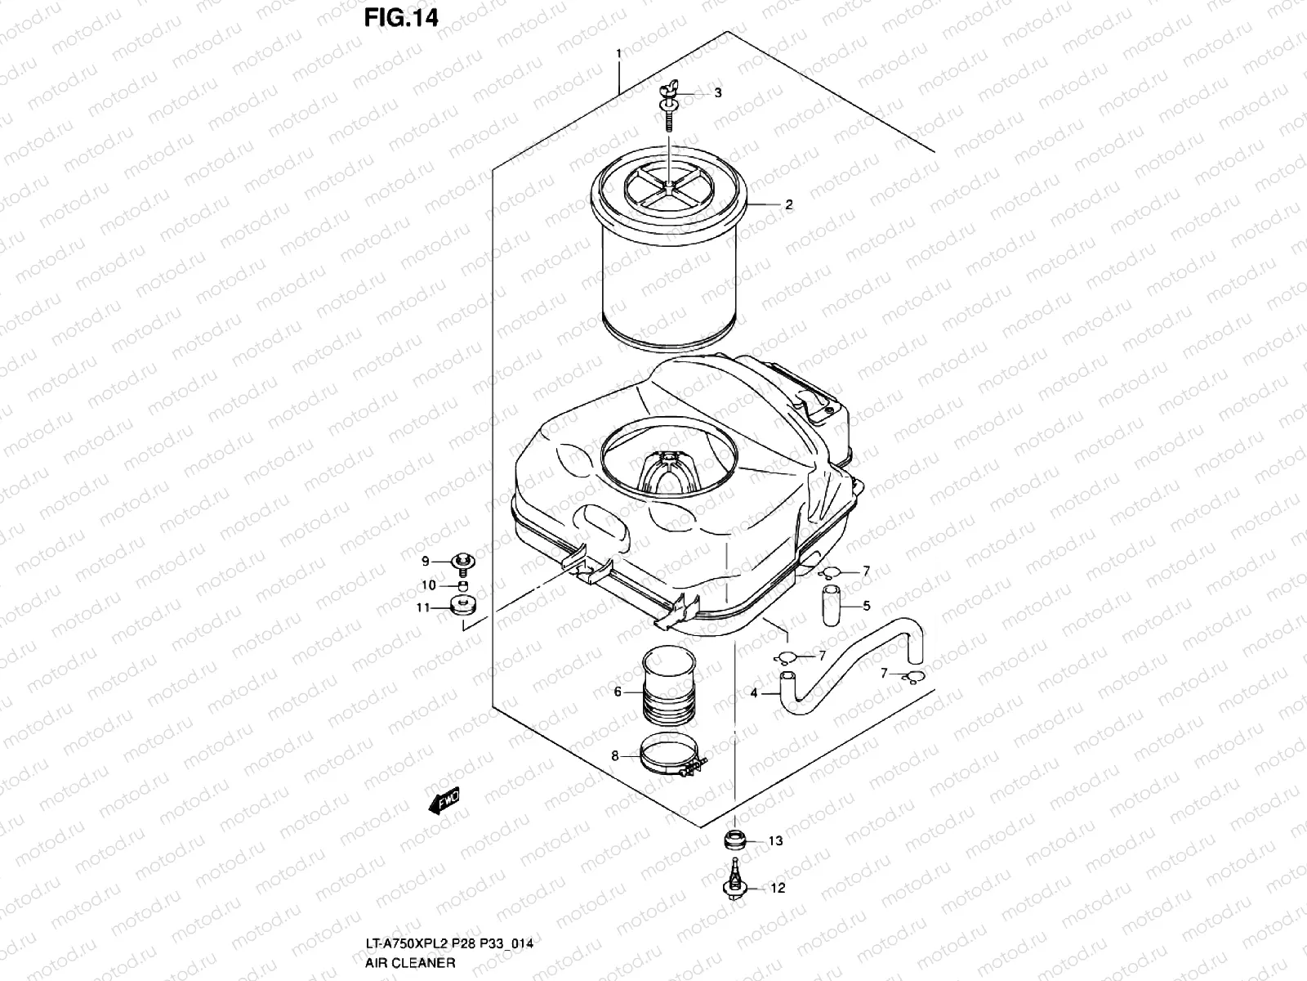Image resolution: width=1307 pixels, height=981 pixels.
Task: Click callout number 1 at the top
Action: coord(618,54)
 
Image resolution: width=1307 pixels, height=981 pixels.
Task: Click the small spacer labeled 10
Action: coord(463,585)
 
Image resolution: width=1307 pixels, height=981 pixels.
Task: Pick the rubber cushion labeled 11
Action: coord(463,607)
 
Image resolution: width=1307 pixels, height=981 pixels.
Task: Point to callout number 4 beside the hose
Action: coord(753,693)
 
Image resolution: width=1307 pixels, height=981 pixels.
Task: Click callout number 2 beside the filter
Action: coord(788,205)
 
